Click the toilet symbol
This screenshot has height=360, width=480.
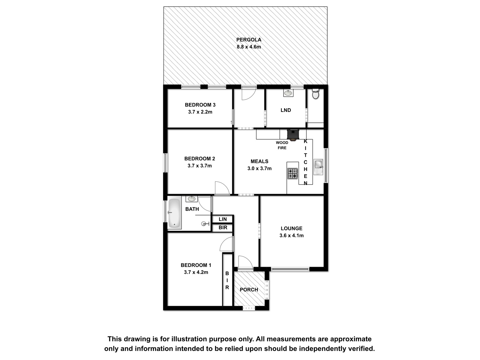[315, 94]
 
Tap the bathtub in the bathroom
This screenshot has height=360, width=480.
[175, 213]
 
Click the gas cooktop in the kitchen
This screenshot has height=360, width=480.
[292, 174]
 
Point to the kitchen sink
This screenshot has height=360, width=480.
[318, 167]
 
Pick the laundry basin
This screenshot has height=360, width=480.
[288, 93]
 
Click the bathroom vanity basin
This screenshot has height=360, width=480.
[192, 199]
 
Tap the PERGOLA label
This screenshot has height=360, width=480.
[249, 40]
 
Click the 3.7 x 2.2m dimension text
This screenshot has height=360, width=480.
[200, 112]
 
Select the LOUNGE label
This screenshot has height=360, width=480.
[292, 228]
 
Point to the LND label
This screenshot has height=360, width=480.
[286, 110]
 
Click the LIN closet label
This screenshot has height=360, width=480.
[223, 219]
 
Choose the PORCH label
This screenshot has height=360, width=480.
[249, 289]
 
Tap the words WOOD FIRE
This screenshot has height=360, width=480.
[282, 145]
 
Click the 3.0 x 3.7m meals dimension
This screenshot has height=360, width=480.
[259, 169]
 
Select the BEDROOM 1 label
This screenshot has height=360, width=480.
[196, 265]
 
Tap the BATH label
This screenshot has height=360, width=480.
[192, 209]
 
